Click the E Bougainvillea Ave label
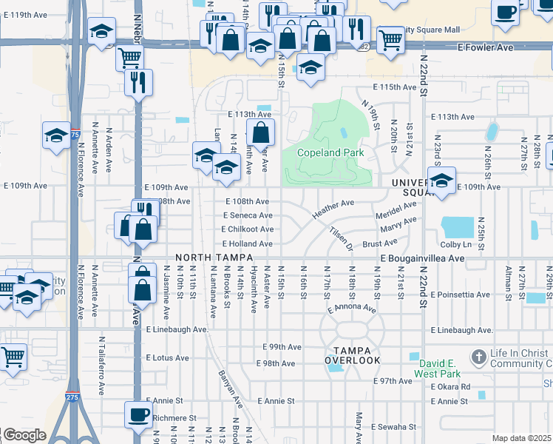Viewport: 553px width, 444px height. coord(422,258)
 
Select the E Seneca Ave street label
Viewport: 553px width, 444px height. coord(248,215)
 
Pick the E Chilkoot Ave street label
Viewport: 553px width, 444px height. coord(248,229)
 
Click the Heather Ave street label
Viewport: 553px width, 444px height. coord(333,208)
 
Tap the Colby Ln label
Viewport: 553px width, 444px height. coord(456,245)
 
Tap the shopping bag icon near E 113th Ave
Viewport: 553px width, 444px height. coord(260,133)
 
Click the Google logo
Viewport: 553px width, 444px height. coord(24,435)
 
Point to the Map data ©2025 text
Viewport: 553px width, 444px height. coord(521,438)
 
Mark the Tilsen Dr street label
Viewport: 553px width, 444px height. coord(341,238)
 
